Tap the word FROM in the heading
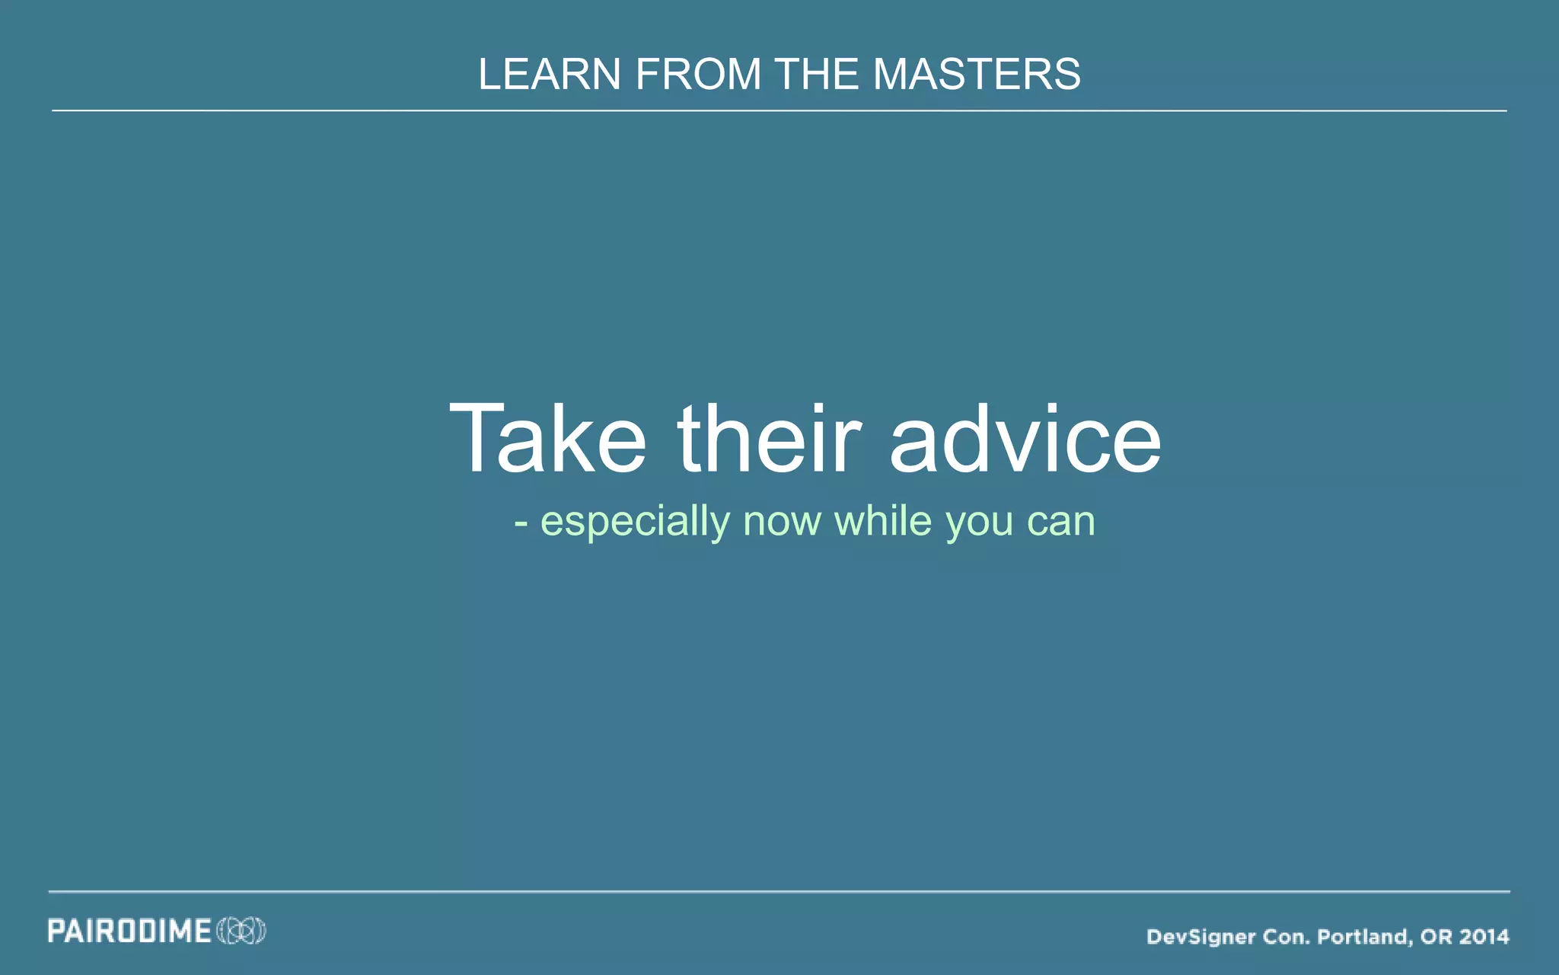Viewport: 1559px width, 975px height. [x=698, y=75]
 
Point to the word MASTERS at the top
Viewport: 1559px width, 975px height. [x=977, y=75]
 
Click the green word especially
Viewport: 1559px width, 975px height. [x=635, y=523]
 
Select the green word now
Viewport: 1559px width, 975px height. [x=782, y=523]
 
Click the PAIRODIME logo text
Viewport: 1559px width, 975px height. [x=129, y=931]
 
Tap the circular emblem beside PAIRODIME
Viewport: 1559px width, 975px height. [x=241, y=931]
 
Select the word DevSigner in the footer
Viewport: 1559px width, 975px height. [x=1200, y=936]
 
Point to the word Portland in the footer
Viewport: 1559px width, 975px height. [x=1365, y=936]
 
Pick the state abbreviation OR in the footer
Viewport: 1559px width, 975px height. [x=1436, y=936]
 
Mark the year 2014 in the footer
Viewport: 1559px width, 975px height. [x=1484, y=936]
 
